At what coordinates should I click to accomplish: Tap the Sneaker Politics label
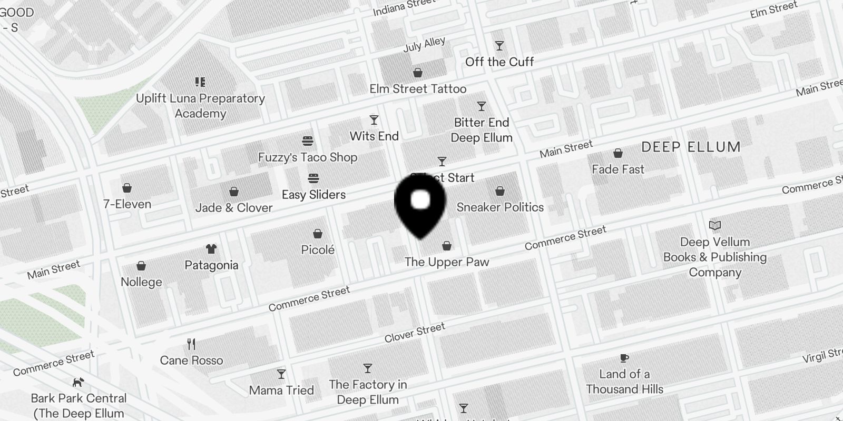coord(500,207)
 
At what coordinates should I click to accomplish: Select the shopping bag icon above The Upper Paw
coord(447,245)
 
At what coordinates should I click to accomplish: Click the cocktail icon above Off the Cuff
coord(499,46)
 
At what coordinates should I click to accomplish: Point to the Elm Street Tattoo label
coord(418,88)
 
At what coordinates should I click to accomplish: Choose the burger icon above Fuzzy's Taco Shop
coord(308,141)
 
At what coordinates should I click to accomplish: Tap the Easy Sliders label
coord(313,194)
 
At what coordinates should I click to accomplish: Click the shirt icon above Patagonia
coord(211,248)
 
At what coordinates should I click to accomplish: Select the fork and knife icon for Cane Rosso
coord(191,344)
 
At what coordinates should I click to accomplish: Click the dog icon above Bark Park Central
coord(79,382)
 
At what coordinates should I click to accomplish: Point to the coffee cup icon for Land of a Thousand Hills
coord(624,358)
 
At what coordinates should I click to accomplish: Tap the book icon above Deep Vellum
coord(714,226)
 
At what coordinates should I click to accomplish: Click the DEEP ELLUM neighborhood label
coord(691,147)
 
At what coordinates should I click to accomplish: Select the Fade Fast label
coord(617,169)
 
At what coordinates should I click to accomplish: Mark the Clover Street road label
coord(415,333)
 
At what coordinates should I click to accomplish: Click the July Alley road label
coord(424,44)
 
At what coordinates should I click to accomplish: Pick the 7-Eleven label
coord(127,204)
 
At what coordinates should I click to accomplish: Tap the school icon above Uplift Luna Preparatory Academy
coord(200,82)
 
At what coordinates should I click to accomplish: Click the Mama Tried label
coord(281,390)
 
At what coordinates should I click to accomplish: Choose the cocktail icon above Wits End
coord(374,120)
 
